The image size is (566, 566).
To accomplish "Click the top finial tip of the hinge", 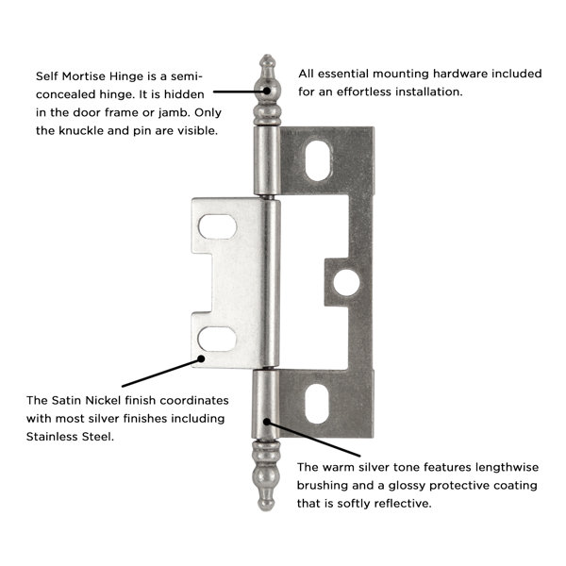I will (266, 58).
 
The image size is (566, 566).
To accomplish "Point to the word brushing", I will (327, 486).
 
